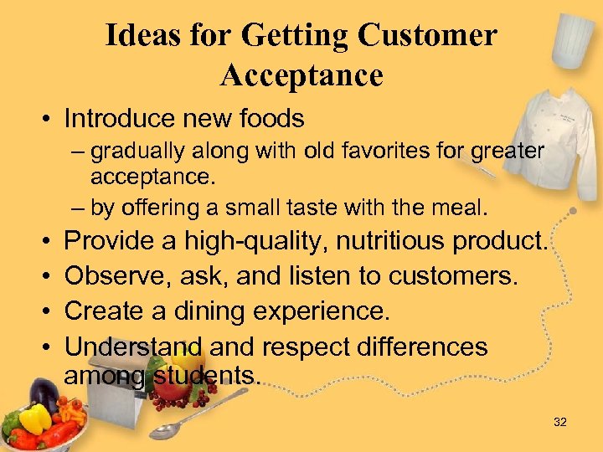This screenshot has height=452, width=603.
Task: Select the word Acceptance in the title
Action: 301,75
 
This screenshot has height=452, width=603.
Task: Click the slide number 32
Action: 560,422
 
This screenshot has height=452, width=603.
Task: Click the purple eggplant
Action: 42,393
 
